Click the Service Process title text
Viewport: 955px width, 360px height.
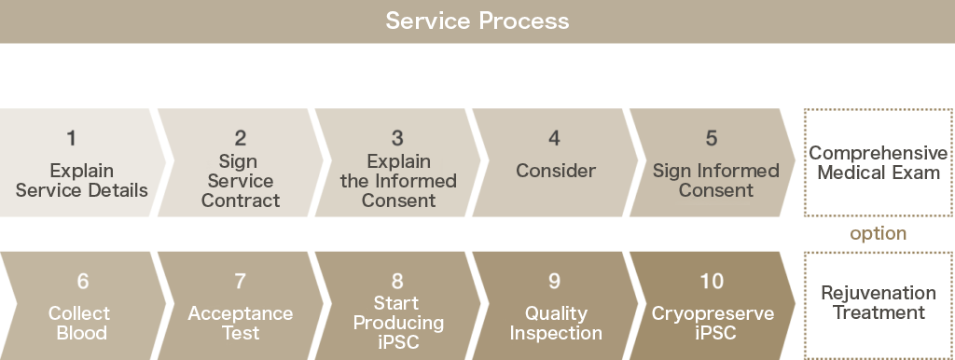pos(477,21)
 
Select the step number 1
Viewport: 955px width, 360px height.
pos(72,139)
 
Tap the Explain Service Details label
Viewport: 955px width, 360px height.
pos(82,181)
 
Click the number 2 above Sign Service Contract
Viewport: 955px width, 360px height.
pos(241,139)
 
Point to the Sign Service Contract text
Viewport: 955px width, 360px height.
pos(241,181)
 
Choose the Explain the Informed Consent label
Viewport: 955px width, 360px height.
pos(398,181)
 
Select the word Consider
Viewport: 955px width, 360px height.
pos(556,171)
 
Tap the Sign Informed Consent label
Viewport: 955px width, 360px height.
pos(715,181)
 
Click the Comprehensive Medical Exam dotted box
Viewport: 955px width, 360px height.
pos(878,163)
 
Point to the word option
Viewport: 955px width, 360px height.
pos(878,233)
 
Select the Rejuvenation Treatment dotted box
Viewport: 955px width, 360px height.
pos(878,303)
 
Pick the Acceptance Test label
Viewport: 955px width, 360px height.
pos(241,323)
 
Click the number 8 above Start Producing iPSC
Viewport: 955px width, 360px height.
pos(398,281)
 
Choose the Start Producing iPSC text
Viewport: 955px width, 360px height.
pos(398,323)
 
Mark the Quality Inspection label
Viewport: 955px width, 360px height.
pos(556,323)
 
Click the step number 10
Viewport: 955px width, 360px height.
pos(712,281)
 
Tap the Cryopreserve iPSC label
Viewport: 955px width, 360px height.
pos(713,323)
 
